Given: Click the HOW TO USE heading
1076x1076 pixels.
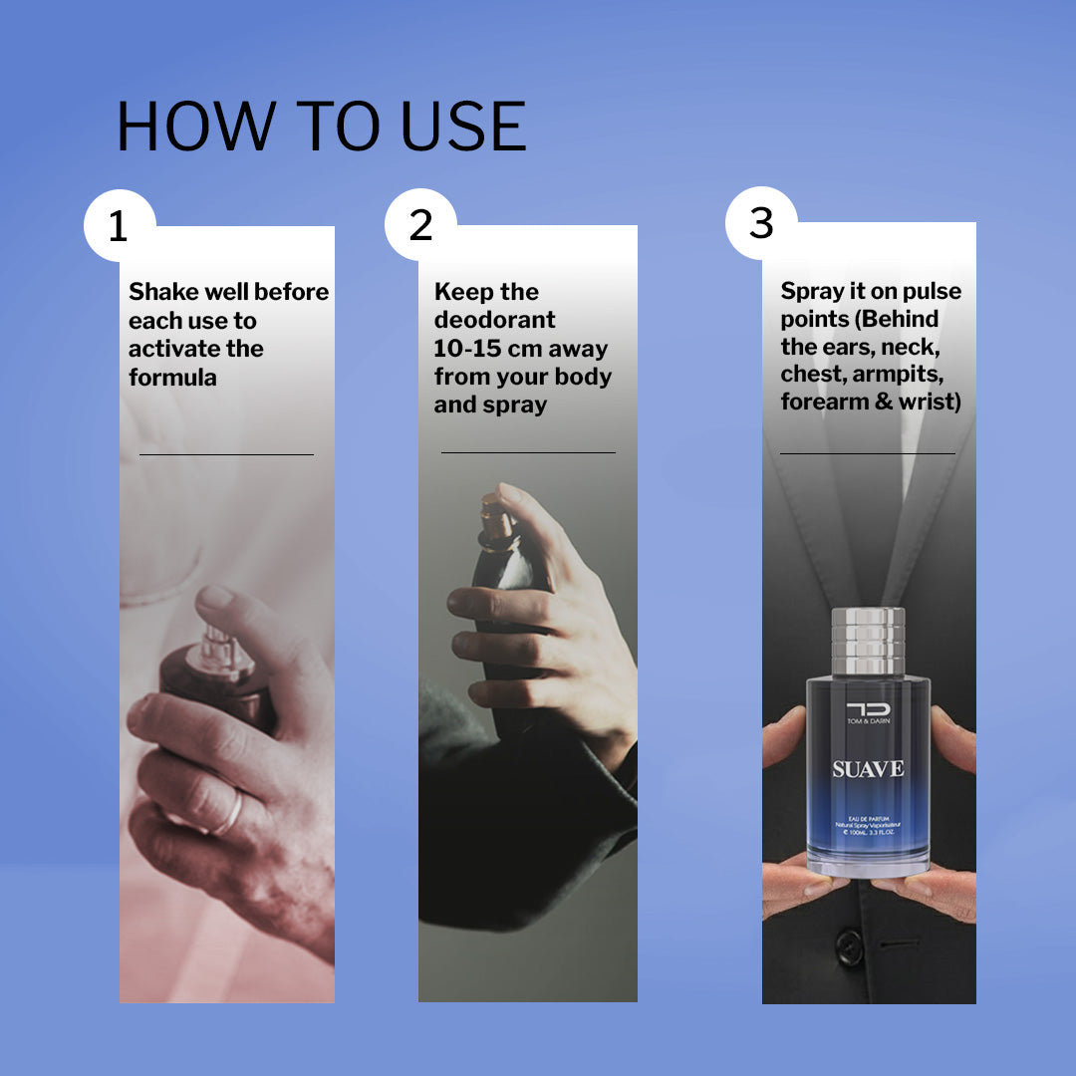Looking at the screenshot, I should tap(321, 127).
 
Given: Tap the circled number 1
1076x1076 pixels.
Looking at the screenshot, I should tap(119, 226).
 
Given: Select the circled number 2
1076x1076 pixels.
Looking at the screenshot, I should tap(420, 225).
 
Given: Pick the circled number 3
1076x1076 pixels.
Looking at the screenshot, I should tap(761, 223).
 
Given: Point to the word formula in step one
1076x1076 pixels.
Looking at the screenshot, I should tap(172, 378).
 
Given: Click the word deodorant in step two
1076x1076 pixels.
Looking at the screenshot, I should tap(494, 321).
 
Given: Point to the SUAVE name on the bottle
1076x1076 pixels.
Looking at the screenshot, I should tap(868, 769).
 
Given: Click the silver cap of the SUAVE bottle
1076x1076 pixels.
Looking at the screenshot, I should tap(868, 641).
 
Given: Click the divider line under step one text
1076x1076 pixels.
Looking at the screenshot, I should tap(226, 454).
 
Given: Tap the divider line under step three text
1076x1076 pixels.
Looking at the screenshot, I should tap(867, 453).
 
